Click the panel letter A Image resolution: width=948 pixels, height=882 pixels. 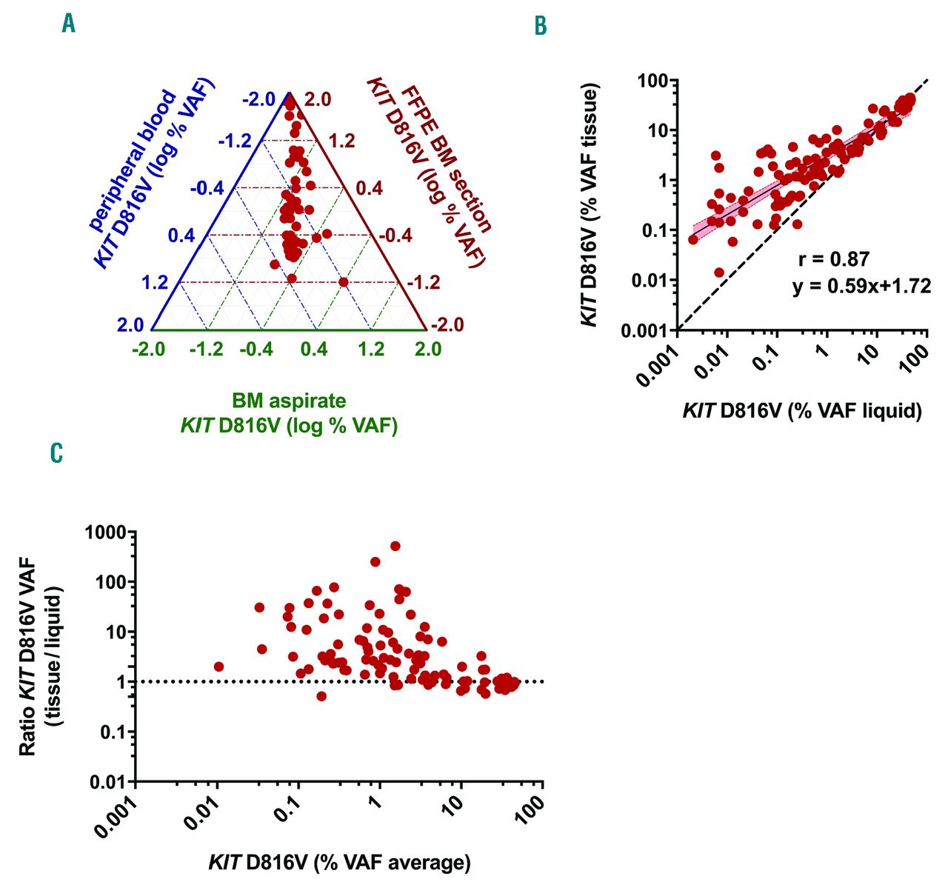click(x=69, y=24)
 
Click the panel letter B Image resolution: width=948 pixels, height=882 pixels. click(x=541, y=26)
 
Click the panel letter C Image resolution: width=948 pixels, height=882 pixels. click(x=56, y=452)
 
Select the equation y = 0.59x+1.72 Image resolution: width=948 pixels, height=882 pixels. click(x=861, y=287)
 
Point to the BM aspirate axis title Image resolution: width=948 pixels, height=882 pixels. click(x=289, y=413)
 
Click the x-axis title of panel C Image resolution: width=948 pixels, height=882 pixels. click(x=339, y=862)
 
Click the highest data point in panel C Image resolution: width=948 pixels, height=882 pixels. click(x=395, y=546)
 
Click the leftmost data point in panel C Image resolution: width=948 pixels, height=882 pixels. click(x=218, y=666)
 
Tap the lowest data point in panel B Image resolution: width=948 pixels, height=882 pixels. click(x=719, y=273)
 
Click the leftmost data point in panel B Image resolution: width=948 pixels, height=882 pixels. click(x=693, y=239)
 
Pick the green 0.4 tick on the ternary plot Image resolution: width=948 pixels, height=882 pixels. click(x=314, y=348)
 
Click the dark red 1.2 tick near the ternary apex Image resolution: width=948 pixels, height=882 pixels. click(x=341, y=141)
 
